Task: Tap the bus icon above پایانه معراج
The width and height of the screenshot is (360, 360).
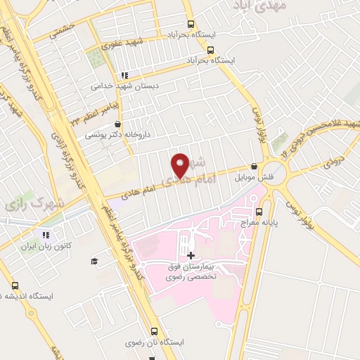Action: (x=260, y=210)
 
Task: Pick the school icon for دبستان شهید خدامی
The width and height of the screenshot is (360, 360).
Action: (x=124, y=75)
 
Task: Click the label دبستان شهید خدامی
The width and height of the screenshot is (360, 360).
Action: (x=124, y=86)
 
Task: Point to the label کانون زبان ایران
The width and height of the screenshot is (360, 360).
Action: (x=47, y=246)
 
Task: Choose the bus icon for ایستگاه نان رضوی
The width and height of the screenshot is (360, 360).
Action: (x=155, y=330)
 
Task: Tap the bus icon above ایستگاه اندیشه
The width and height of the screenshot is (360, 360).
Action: (x=15, y=285)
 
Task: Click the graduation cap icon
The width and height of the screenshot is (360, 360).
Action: (x=94, y=262)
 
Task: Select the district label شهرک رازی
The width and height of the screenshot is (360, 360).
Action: (x=22, y=205)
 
